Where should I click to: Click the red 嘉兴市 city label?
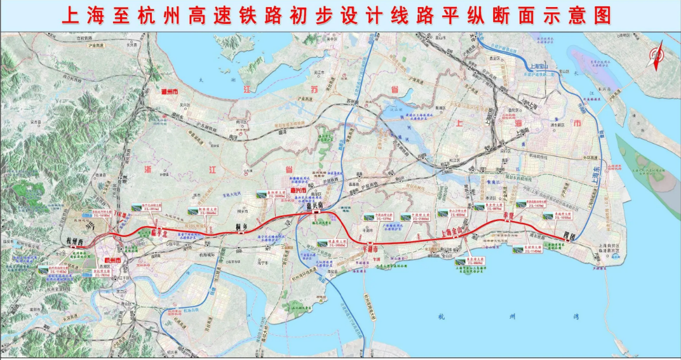298,190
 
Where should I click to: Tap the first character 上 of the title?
72,15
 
